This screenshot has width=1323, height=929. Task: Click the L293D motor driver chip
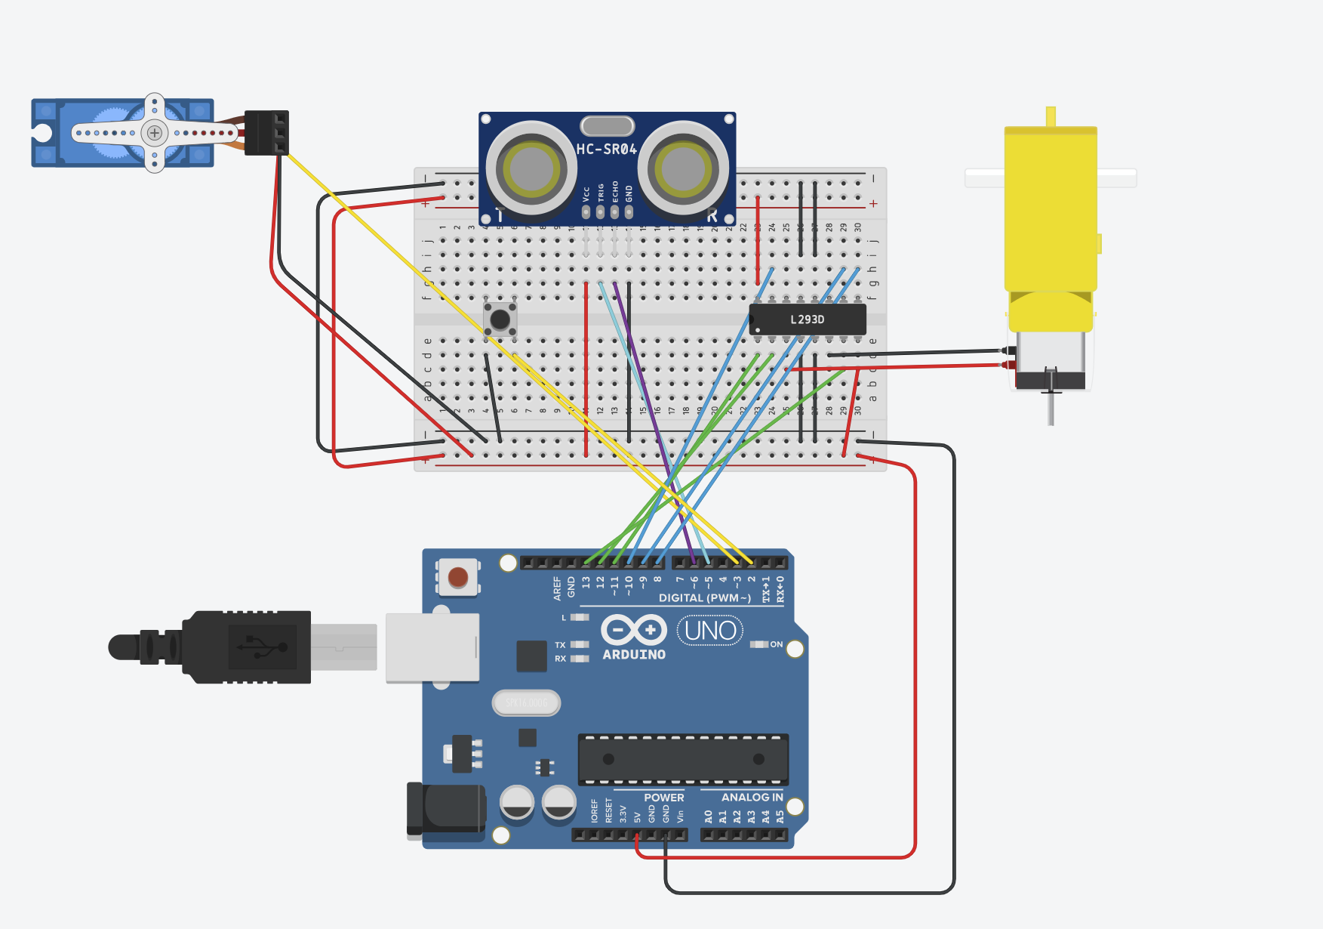[x=808, y=319]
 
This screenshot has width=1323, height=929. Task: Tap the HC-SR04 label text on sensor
[x=606, y=150]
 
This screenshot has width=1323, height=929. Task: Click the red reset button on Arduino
[x=458, y=578]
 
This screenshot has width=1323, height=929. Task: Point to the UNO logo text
[x=710, y=630]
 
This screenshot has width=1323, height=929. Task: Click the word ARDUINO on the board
[x=634, y=655]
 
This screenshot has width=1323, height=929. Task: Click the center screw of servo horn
[x=155, y=133]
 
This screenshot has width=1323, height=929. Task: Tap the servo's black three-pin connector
[x=267, y=133]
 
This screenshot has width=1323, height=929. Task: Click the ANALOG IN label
[x=752, y=798]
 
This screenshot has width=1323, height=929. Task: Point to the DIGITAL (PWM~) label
[x=704, y=598]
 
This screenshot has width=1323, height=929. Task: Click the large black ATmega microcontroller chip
[x=683, y=759]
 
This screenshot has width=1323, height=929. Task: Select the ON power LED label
[x=776, y=644]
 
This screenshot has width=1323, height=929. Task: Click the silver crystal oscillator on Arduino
[x=526, y=703]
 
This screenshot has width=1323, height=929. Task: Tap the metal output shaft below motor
[x=1051, y=408]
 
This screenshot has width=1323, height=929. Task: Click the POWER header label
[x=663, y=798]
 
